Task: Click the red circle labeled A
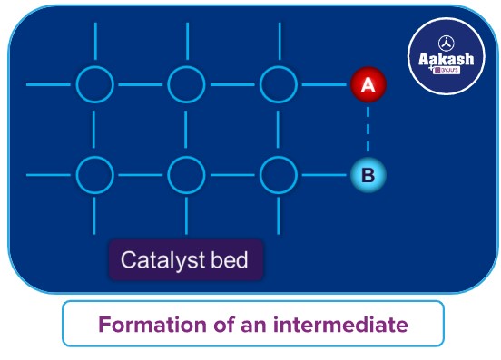(x=368, y=85)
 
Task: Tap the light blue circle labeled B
(x=368, y=172)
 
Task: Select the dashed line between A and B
(x=368, y=129)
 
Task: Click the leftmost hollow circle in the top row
(x=94, y=85)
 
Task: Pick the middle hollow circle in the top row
(x=187, y=85)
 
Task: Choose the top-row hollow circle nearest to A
(x=278, y=85)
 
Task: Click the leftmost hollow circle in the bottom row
(x=94, y=172)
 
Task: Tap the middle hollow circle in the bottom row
(x=187, y=172)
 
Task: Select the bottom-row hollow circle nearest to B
(x=278, y=172)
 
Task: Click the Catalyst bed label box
(x=186, y=261)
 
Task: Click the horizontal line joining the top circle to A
(x=323, y=85)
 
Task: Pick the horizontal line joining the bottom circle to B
(x=323, y=172)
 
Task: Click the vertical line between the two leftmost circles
(x=94, y=129)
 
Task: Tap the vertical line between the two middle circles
(x=187, y=129)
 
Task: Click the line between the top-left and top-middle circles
(x=141, y=85)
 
